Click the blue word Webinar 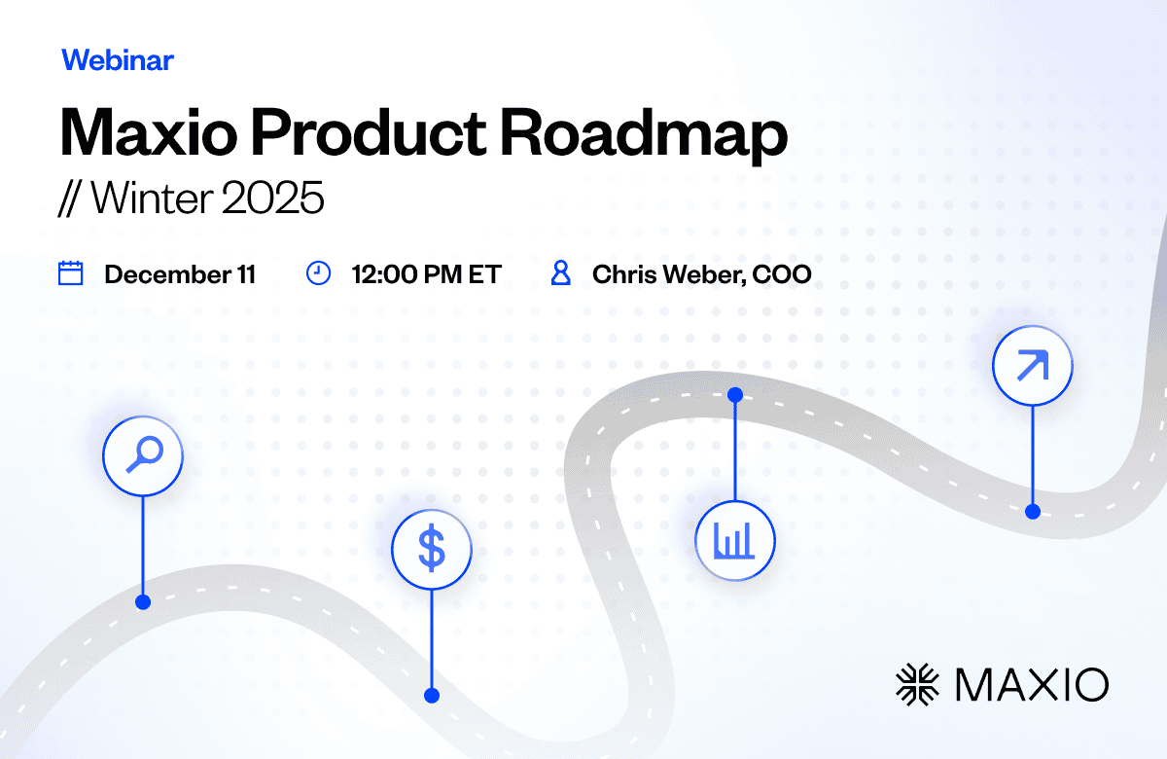(x=118, y=60)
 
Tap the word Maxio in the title (x=149, y=132)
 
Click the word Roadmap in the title (x=644, y=135)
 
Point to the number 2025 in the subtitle (x=272, y=198)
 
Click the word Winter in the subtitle (x=153, y=198)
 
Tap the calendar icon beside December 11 (x=70, y=273)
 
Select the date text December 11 (x=180, y=274)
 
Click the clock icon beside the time (x=318, y=273)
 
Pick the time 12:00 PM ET (x=426, y=274)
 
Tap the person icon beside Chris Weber (x=560, y=273)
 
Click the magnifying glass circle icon (x=143, y=455)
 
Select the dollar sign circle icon (x=432, y=549)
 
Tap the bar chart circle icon (x=735, y=541)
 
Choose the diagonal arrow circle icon (x=1033, y=366)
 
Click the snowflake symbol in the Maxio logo (x=917, y=684)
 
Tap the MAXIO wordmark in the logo (x=1032, y=684)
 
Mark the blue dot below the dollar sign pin (x=432, y=696)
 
